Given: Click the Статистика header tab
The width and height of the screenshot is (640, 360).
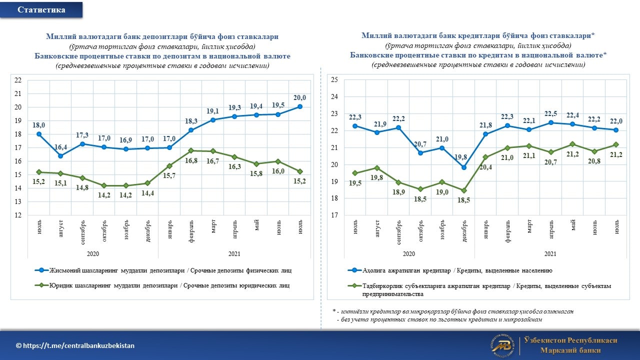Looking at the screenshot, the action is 41,9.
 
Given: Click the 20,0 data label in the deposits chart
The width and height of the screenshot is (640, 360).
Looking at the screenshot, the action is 299,97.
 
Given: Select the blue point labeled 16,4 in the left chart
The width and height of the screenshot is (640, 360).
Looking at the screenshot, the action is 60,156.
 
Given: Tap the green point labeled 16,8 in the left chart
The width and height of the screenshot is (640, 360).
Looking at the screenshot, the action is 191,150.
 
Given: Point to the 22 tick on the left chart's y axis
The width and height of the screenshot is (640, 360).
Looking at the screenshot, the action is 18,80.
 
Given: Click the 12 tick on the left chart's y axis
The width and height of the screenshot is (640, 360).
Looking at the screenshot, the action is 18,215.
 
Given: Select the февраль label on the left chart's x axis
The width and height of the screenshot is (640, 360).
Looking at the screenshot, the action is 191,231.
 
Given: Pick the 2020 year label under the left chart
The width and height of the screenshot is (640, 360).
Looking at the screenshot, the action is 93,253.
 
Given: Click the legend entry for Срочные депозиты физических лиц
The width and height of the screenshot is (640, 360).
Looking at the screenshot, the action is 163,270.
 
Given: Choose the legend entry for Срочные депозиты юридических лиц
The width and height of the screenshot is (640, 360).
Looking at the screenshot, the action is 162,285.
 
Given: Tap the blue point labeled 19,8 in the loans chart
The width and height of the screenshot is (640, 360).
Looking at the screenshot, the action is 464,167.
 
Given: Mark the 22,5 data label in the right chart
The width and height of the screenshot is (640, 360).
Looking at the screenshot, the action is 550,113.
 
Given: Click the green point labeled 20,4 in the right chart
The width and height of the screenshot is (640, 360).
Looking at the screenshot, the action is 485,157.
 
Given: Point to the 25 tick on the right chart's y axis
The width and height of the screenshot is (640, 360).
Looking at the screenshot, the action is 334,79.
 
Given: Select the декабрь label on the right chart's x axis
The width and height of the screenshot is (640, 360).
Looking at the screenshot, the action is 464,231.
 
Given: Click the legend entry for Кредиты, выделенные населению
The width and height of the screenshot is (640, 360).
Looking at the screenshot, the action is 450,270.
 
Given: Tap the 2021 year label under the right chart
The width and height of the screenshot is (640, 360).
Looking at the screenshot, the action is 550,253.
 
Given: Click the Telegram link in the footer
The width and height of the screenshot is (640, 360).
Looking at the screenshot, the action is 75,345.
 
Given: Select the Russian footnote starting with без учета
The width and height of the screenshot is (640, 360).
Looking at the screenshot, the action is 439,319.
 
